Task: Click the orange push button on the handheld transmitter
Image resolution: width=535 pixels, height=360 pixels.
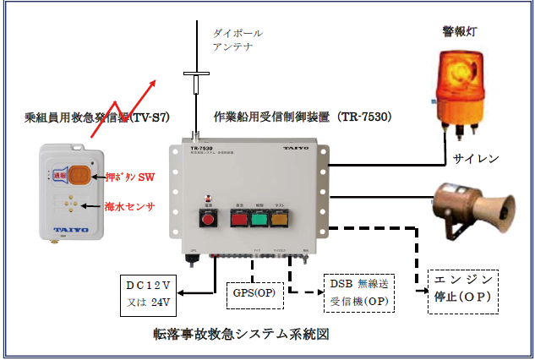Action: click(80, 175)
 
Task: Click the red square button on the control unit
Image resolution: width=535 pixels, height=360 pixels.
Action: click(205, 219)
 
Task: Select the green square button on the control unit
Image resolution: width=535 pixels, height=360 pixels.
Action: click(258, 219)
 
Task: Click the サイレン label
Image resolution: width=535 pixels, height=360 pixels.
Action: click(477, 158)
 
